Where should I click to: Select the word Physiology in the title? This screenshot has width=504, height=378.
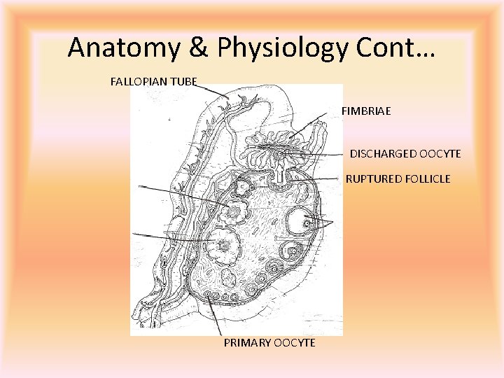coord(274,48)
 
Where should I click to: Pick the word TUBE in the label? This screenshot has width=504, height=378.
coord(183,81)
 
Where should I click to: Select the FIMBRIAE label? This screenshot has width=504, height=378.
coord(366,111)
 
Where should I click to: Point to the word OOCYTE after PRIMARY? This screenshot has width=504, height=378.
coord(294,342)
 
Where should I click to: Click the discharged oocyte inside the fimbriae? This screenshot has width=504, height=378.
coord(280,152)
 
